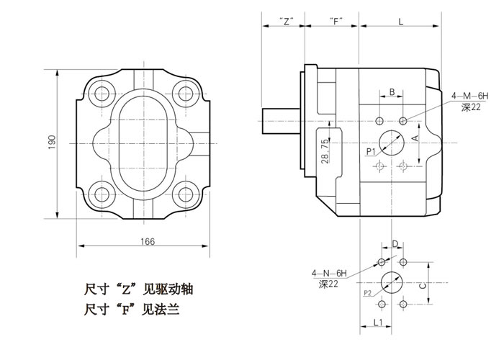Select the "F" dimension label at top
tap(334, 22)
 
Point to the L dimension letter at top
tap(400, 22)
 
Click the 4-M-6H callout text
tap(469, 96)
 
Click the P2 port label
tap(367, 293)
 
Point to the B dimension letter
tap(391, 91)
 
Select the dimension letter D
tap(395, 244)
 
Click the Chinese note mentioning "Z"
tap(138, 290)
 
